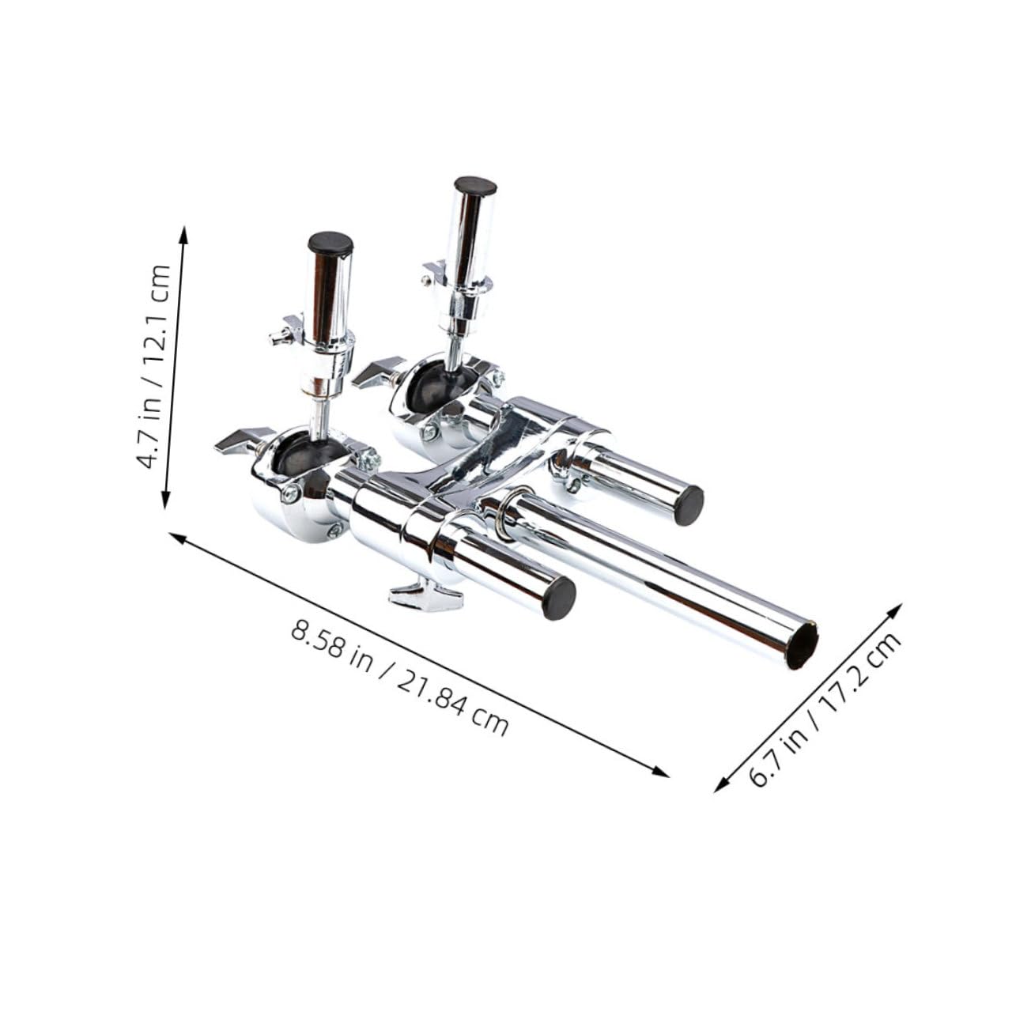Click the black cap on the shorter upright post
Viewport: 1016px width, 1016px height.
click(x=330, y=242)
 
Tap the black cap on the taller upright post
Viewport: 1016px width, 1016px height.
click(x=475, y=187)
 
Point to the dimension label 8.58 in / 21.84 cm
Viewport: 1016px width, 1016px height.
click(x=399, y=678)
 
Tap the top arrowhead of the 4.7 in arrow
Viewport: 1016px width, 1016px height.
click(x=183, y=233)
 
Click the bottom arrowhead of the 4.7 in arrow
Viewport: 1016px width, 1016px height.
click(x=166, y=501)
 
